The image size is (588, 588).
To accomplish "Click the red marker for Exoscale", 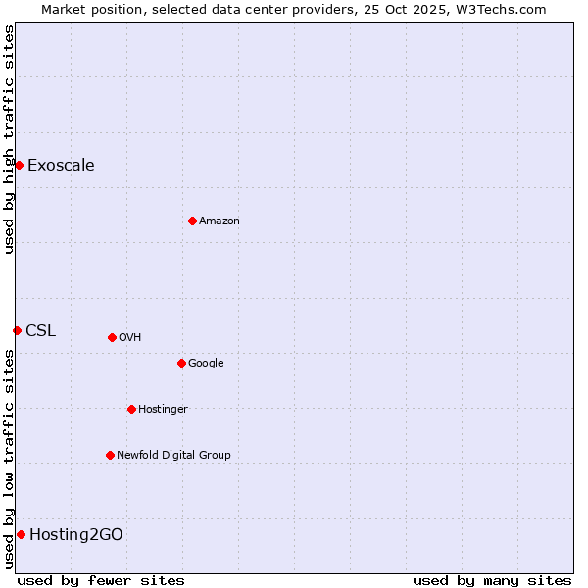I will [19, 165].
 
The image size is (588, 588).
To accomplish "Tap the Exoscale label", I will [61, 165].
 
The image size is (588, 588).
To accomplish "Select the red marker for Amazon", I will [192, 220].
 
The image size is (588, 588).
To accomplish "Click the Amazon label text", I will [220, 220].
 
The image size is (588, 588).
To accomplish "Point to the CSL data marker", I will [17, 330].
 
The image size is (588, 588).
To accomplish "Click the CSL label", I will [40, 330].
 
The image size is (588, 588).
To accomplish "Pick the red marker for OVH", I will [112, 337].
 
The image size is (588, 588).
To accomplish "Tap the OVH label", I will [130, 337].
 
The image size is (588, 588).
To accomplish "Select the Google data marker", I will [181, 363].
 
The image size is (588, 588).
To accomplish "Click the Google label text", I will [206, 363].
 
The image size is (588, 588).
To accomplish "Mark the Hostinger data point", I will [131, 409].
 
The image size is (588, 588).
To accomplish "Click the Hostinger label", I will [163, 409].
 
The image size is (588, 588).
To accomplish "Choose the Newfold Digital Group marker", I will [110, 455].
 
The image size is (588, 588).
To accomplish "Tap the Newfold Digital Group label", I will [173, 455].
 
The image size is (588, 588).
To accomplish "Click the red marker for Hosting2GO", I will [21, 534].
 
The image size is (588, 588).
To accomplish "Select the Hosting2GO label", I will [76, 534].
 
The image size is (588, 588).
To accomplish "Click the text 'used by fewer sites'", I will [101, 580].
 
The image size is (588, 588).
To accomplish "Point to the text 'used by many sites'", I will [492, 580].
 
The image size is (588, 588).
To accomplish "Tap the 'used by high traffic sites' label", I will [9, 139].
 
